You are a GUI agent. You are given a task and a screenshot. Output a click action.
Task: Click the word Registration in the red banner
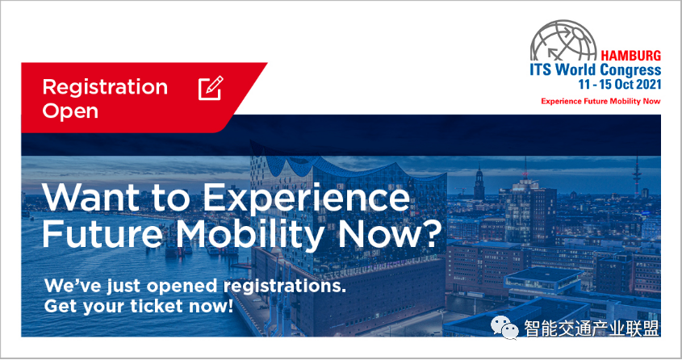pos(105,88)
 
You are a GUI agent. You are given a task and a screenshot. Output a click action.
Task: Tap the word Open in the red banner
pos(70,111)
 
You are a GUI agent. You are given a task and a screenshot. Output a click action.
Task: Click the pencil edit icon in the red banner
pos(211,88)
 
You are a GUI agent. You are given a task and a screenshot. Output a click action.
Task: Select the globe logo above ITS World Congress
pos(563,40)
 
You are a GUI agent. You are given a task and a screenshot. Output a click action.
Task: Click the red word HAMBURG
pos(630,56)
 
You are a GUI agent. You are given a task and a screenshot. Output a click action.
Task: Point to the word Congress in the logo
pos(630,70)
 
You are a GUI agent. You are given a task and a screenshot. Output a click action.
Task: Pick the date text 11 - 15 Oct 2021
pos(620,84)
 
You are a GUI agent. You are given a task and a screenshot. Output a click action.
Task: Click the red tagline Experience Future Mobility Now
pos(600,102)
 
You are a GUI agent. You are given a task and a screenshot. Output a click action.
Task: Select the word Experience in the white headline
pos(306,199)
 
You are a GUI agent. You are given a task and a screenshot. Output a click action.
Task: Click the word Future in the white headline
pos(103,234)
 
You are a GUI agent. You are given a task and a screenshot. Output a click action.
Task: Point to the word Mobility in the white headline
pos(250,236)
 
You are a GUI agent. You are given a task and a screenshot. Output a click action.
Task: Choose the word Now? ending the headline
pos(390,234)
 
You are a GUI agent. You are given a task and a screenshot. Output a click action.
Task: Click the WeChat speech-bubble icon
pos(504,328)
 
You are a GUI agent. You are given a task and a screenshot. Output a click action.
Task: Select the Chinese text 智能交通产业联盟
pos(592,329)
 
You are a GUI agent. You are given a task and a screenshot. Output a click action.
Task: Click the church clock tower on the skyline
pos(479,182)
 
